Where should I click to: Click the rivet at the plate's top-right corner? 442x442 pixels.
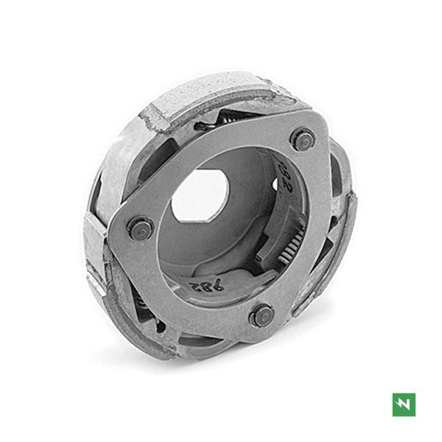point(302,139)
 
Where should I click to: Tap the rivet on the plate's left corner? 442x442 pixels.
point(138,228)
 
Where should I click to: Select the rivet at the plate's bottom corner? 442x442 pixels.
point(262,315)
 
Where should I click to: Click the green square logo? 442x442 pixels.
point(404,404)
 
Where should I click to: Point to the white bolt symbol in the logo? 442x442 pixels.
point(404,404)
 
